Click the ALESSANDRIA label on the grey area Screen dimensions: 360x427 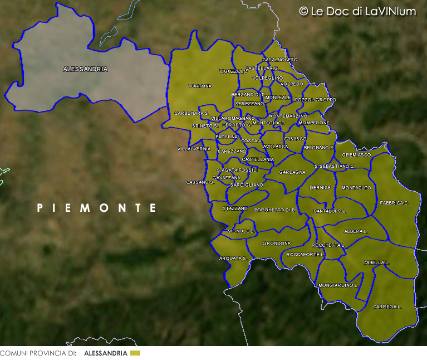pos(85,69)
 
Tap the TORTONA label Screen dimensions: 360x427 pos(200,86)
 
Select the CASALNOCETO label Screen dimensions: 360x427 pos(279,60)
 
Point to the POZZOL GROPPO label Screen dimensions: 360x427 pos(315,100)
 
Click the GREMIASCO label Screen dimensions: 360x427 pos(356,155)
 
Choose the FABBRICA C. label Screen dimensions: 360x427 pos(394,203)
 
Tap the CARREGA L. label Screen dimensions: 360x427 pos(387,307)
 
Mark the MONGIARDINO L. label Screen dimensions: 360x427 pos(337,285)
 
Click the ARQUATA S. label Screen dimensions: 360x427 pos(233,259)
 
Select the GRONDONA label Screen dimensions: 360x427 pos(277,244)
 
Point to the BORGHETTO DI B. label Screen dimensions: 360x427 pos(275,210)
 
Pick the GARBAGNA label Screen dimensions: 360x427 pos(292,172)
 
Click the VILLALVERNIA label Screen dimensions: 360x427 pos(194,149)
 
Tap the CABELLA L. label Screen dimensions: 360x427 pos(376,262)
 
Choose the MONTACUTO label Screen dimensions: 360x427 pos(356,188)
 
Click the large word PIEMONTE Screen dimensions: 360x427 pos(96,208)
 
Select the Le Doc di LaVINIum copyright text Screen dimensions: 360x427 pos(357,11)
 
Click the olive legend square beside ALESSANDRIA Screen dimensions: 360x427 pos(135,353)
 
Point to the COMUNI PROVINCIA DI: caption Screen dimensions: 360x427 pos(38,353)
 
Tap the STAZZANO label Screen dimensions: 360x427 pos(235,208)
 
